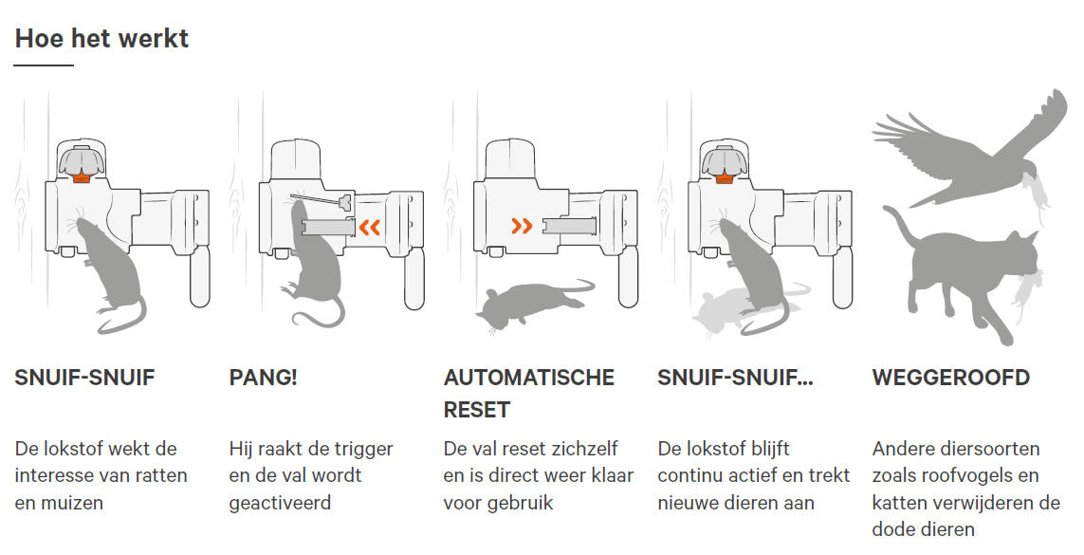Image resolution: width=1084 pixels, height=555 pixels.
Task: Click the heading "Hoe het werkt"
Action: pyautogui.click(x=101, y=38)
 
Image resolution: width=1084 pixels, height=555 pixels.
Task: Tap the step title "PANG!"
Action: pyautogui.click(x=263, y=378)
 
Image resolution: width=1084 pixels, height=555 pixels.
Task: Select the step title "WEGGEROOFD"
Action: pyautogui.click(x=950, y=378)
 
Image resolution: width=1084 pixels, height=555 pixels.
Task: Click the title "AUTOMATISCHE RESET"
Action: pyautogui.click(x=528, y=393)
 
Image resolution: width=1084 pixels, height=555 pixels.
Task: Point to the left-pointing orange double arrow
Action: pyautogui.click(x=368, y=227)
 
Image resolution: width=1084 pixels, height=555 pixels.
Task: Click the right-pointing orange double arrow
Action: pyautogui.click(x=522, y=226)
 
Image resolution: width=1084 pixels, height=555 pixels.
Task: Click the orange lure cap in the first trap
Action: pyautogui.click(x=83, y=176)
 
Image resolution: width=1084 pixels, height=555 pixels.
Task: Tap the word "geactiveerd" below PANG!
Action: pyautogui.click(x=280, y=502)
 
